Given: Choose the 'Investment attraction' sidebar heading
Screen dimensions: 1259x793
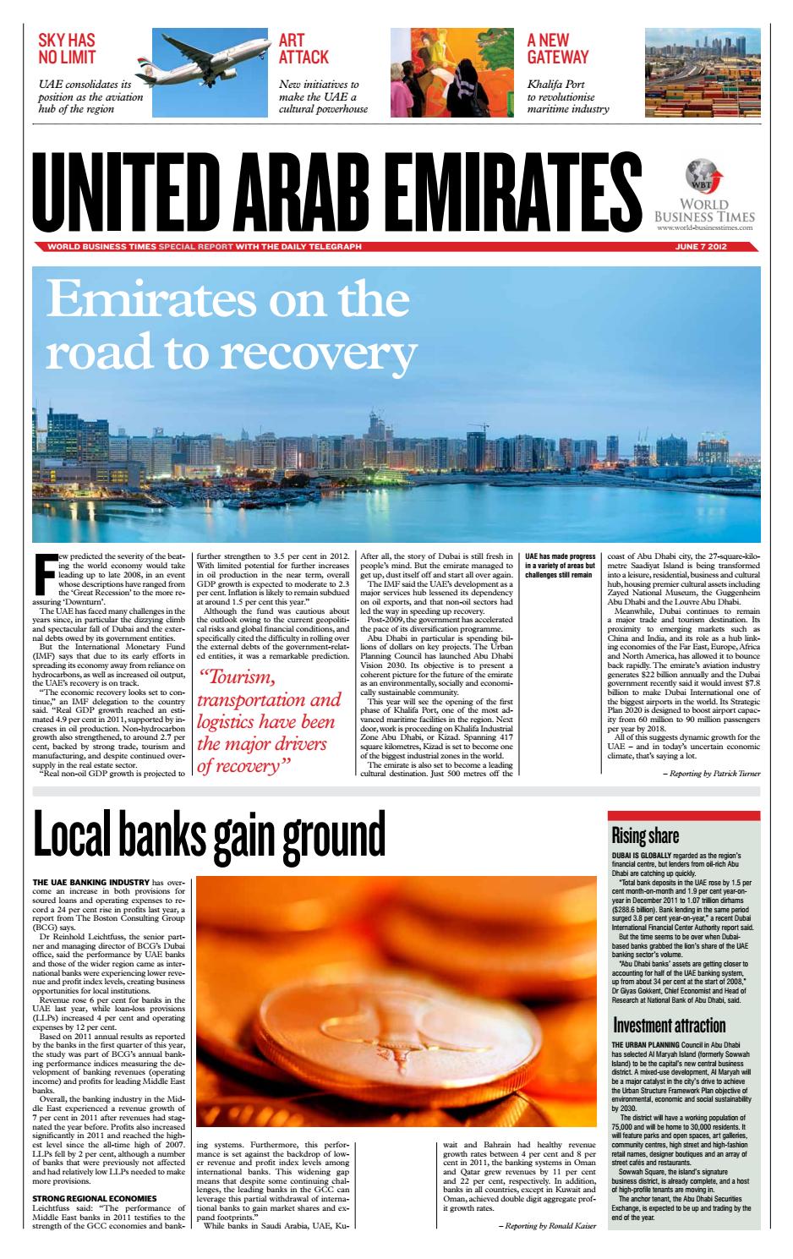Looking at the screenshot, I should (x=669, y=1026).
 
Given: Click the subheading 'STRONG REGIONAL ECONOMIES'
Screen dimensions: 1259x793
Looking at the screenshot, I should (x=94, y=1198).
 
